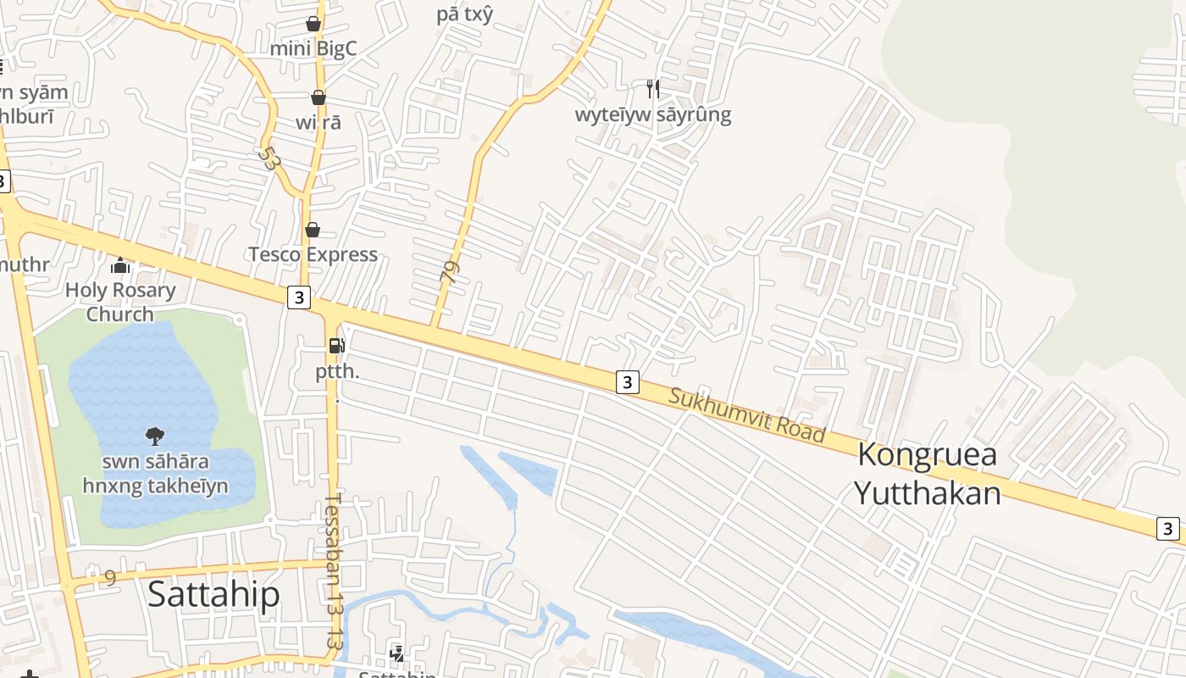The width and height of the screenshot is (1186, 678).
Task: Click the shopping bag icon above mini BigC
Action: pyautogui.click(x=313, y=23)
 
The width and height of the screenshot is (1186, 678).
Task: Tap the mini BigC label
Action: pyautogui.click(x=313, y=48)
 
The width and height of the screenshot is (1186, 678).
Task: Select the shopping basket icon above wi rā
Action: pyautogui.click(x=319, y=97)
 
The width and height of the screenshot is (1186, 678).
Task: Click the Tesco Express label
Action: pyautogui.click(x=313, y=254)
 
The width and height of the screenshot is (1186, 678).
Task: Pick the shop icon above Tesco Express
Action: pyautogui.click(x=313, y=230)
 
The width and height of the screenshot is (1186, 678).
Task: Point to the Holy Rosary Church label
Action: pyautogui.click(x=120, y=302)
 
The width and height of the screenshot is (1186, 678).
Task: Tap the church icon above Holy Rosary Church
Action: pyautogui.click(x=120, y=266)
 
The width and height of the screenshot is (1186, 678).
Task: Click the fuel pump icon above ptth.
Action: pyautogui.click(x=337, y=346)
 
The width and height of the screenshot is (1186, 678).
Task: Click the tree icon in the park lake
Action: pyautogui.click(x=154, y=436)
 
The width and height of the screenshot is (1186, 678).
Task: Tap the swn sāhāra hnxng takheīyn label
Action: pyautogui.click(x=155, y=474)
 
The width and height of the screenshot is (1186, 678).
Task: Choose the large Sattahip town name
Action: pyautogui.click(x=213, y=594)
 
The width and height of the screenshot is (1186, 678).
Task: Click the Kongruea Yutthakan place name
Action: pyautogui.click(x=927, y=473)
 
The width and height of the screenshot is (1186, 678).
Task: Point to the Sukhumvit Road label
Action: pyautogui.click(x=746, y=415)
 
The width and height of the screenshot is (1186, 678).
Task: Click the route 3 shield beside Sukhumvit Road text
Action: pyautogui.click(x=627, y=382)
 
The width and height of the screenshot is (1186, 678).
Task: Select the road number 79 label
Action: pyautogui.click(x=450, y=271)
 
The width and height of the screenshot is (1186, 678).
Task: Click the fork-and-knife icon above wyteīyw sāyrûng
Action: pyautogui.click(x=652, y=88)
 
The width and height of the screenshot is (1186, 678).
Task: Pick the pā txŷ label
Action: pyautogui.click(x=464, y=14)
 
